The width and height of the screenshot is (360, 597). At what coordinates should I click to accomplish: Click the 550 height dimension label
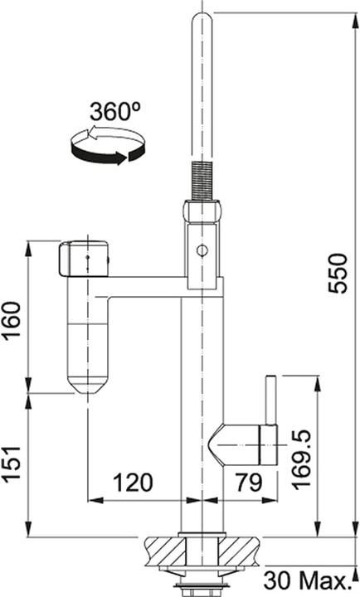[x=337, y=273]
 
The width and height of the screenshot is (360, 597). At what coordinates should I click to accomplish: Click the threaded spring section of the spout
[x=202, y=179]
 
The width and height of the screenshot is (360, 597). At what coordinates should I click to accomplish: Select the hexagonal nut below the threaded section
[x=202, y=212]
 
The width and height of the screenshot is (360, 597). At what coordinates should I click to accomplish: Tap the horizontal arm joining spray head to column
[x=145, y=285]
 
